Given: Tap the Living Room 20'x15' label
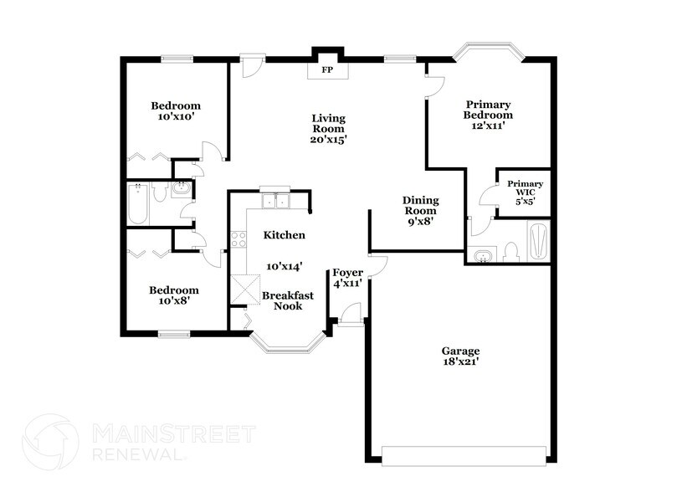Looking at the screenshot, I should (328, 129).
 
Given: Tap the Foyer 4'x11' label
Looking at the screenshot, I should (347, 279).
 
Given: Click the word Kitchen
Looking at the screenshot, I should (284, 236).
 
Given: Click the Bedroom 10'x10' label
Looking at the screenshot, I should (176, 111).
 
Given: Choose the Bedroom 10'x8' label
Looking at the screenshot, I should (174, 296).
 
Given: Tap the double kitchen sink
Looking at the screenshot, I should (274, 201).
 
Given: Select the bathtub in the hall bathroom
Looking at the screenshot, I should (138, 204).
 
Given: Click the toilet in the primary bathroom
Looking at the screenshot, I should (510, 249).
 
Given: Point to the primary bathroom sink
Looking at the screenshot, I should (482, 254).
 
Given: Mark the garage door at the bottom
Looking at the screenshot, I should (463, 455).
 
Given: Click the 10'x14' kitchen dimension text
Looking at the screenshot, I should (284, 266).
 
